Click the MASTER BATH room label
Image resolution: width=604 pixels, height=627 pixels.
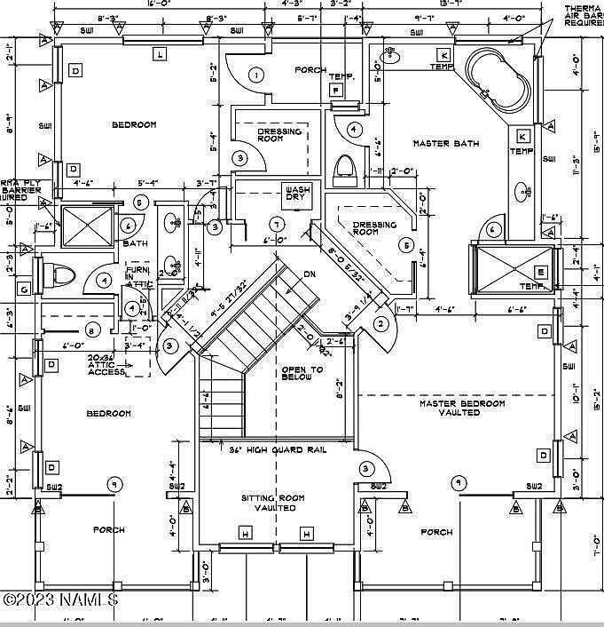(446, 143)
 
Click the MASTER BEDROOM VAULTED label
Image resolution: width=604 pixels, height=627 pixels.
(462, 409)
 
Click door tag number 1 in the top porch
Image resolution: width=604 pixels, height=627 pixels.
(256, 75)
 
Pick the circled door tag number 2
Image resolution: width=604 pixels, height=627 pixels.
(380, 324)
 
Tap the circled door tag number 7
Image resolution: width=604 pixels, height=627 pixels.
(277, 222)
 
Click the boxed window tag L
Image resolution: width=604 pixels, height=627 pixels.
(160, 54)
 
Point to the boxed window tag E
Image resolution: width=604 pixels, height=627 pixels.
(541, 273)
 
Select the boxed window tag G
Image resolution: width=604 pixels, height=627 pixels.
(24, 287)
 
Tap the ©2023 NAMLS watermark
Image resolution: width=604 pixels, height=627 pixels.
(60, 599)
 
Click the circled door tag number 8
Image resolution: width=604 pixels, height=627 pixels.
(91, 330)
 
